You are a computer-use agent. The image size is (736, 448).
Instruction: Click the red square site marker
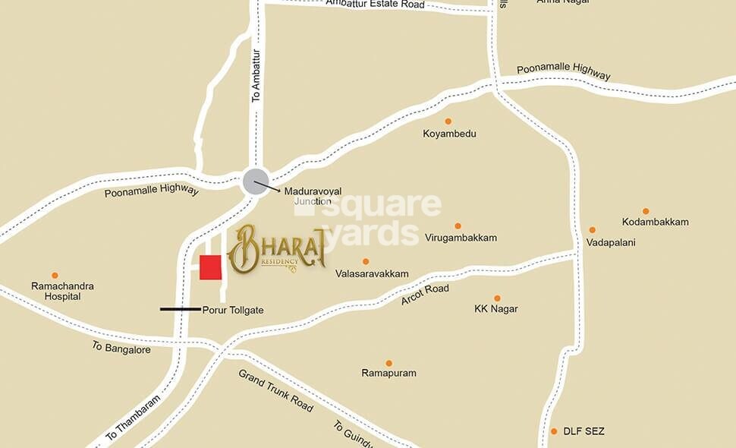210,267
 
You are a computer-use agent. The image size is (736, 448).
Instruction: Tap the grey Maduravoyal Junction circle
255,182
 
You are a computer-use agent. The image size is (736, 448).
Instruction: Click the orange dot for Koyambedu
448,121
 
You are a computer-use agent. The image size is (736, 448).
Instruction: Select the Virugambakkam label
461,238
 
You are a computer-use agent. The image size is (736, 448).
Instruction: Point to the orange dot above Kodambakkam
646,211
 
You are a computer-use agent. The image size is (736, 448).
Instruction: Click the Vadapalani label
610,242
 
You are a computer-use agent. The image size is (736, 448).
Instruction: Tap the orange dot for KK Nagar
497,298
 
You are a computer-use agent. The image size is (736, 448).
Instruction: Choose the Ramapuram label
388,374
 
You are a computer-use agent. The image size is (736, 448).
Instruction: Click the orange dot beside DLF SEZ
554,431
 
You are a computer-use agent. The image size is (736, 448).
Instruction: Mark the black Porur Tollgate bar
180,309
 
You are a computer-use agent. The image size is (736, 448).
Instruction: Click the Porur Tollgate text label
232,310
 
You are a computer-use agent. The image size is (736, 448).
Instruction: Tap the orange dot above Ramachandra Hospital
55,276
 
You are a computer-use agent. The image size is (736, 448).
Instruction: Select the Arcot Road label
425,295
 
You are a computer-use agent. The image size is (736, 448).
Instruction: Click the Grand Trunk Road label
275,390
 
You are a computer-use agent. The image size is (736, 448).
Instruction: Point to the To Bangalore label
121,348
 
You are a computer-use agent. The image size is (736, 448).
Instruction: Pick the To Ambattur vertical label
256,76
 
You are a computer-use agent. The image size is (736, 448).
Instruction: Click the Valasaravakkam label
371,273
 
